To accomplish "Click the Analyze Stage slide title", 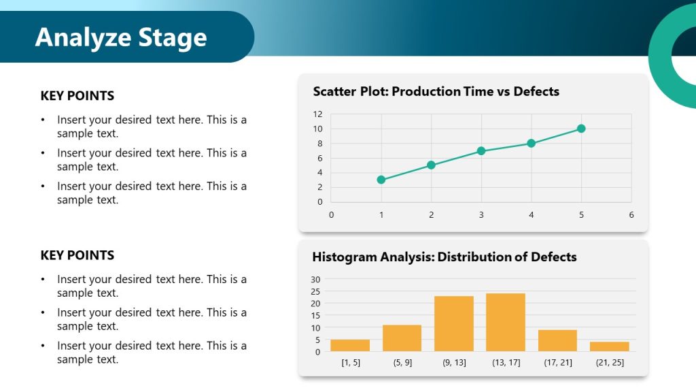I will (121, 37).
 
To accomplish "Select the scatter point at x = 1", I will (381, 180).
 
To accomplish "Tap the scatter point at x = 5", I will (581, 129).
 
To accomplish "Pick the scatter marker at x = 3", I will (481, 150).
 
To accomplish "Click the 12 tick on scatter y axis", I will (317, 114).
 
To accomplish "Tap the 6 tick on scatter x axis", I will (631, 215).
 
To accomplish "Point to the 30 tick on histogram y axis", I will (315, 279).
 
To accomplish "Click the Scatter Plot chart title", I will (436, 91).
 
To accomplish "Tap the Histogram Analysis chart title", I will (444, 257).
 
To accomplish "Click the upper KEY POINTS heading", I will (77, 96).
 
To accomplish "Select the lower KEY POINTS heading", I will (77, 255).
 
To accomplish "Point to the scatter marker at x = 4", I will (531, 144).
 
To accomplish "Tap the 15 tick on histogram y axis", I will (315, 315).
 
